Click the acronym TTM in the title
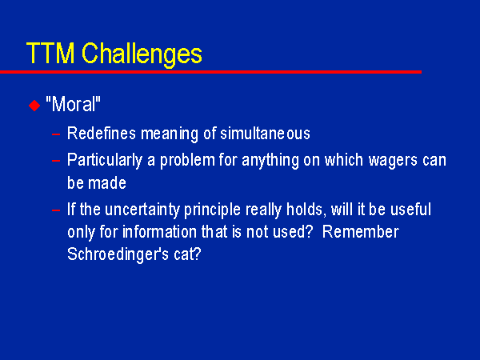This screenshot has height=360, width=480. (x=50, y=53)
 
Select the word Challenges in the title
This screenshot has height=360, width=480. (x=142, y=55)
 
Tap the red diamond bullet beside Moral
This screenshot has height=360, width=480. (x=34, y=106)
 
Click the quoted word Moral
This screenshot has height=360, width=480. (x=73, y=104)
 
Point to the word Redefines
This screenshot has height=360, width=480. (x=102, y=134)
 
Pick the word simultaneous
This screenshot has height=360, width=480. (x=265, y=134)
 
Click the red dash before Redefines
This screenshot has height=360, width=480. (x=56, y=134)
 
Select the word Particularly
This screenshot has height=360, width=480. (x=105, y=161)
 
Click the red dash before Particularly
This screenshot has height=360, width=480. (x=56, y=161)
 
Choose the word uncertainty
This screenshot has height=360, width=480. (x=142, y=210)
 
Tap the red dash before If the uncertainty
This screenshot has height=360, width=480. (x=56, y=210)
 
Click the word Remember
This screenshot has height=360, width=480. (x=361, y=232)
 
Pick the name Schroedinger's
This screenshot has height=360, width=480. (x=118, y=254)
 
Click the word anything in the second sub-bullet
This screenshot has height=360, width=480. (x=270, y=161)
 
